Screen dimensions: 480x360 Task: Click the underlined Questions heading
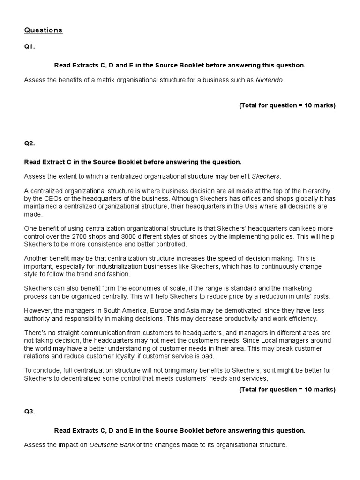(x=43, y=30)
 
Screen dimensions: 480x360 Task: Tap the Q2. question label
(x=30, y=143)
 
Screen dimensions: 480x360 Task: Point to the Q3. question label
(x=30, y=412)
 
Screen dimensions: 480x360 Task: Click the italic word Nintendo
(x=270, y=80)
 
